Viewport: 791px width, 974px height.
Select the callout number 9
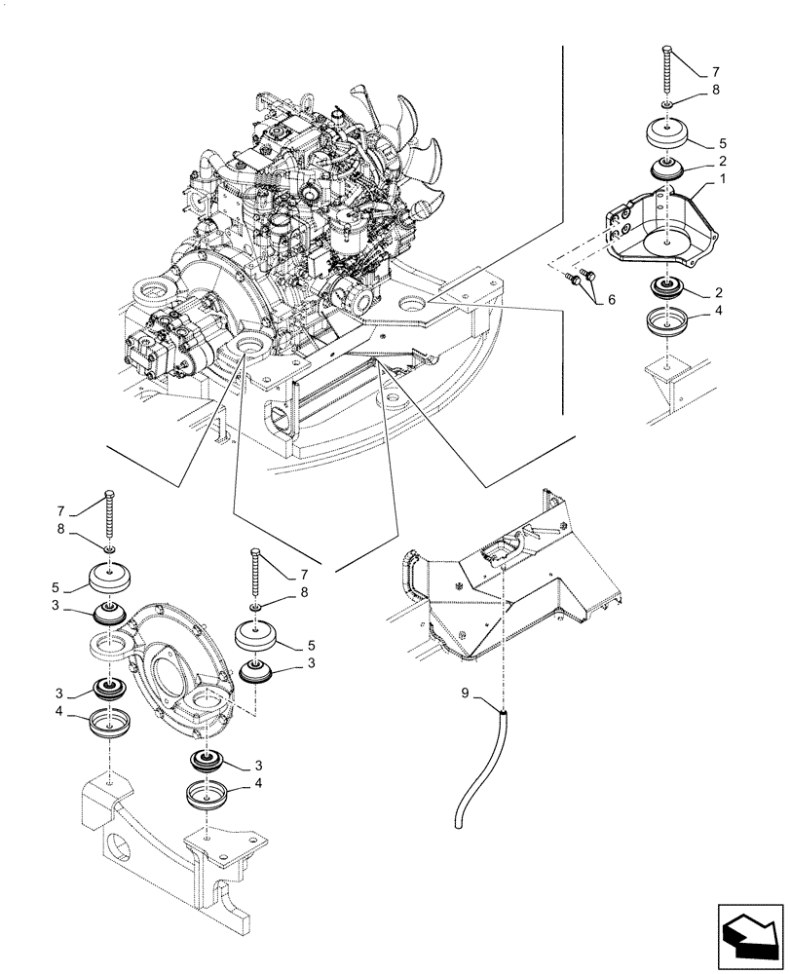click(x=466, y=694)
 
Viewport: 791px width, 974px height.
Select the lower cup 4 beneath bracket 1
click(x=667, y=324)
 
